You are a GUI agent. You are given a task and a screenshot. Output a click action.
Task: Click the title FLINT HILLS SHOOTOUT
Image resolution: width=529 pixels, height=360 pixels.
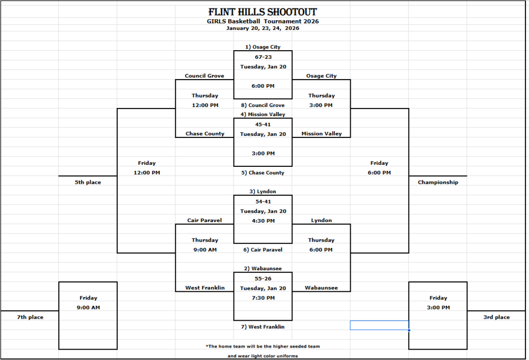click(262, 12)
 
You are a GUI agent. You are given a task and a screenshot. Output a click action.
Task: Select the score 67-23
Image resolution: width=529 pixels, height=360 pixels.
click(262, 57)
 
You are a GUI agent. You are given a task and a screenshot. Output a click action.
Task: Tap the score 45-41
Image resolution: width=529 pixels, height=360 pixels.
click(262, 124)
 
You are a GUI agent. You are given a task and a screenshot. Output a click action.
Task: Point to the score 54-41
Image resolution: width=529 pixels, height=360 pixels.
click(262, 201)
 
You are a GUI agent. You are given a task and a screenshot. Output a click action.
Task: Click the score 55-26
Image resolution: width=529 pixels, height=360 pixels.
click(262, 278)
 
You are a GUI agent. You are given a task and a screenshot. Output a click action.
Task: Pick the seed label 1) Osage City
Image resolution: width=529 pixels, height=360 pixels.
click(262, 47)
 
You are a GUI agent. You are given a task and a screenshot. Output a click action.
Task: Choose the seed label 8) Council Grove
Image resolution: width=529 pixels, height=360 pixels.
click(262, 105)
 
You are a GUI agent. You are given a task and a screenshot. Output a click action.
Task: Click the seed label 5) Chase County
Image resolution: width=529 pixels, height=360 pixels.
click(262, 173)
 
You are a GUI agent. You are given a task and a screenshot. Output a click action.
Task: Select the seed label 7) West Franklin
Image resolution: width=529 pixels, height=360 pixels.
click(262, 327)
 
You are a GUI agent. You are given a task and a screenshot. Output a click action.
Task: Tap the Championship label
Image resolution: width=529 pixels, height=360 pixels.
click(438, 182)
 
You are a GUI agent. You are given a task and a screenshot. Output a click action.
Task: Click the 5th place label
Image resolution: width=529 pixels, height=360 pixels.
click(88, 182)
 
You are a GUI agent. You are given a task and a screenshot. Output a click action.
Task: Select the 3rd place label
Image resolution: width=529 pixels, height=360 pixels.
click(496, 317)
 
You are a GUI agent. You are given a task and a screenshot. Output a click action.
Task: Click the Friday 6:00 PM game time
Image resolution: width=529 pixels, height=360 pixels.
click(379, 173)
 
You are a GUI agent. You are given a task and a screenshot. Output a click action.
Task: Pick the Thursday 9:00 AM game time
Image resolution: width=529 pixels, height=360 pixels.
click(205, 249)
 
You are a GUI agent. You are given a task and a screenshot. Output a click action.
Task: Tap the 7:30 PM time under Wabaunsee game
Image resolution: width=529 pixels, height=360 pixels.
click(262, 298)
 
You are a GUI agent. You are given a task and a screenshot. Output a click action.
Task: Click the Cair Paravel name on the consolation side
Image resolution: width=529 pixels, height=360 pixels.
click(205, 221)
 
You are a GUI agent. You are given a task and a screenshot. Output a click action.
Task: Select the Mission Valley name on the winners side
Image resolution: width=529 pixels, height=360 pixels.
click(321, 134)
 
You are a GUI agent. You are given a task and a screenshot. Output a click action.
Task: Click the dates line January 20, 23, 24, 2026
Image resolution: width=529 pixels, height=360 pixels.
click(262, 28)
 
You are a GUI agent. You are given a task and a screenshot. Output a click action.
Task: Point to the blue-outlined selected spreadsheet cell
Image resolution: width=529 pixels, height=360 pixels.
click(379, 325)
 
